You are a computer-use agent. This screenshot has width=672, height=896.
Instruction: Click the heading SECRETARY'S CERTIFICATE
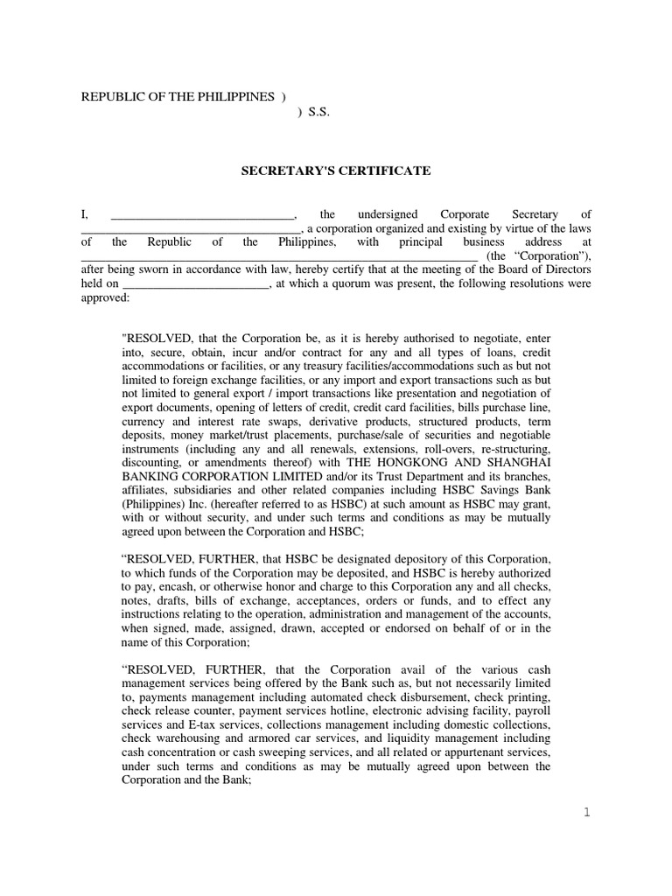click(336, 171)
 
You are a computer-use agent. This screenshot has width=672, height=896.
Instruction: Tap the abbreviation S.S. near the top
click(318, 111)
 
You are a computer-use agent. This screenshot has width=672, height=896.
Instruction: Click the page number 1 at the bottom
click(587, 813)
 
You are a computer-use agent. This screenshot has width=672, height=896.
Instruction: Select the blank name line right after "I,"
click(202, 214)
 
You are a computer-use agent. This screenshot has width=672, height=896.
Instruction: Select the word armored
click(252, 739)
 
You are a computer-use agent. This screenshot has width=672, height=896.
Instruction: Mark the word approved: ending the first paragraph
click(104, 297)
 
